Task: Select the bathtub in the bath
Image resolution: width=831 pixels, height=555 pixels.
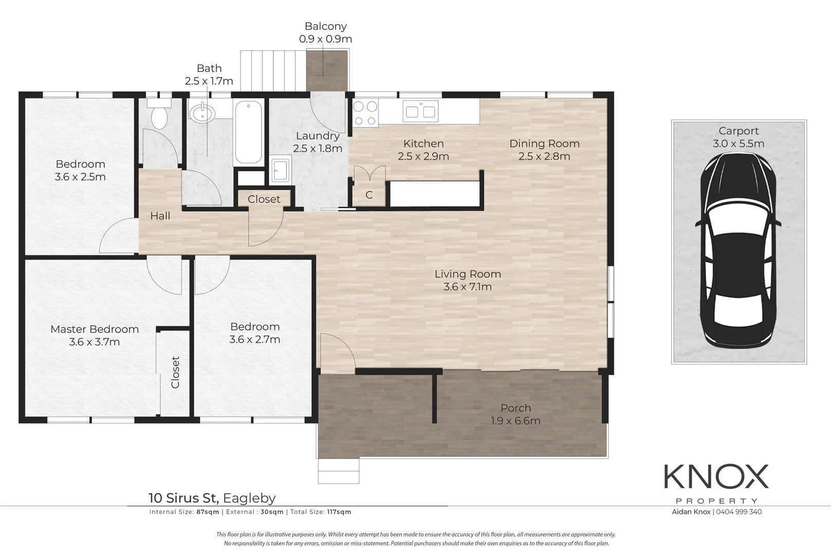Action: [x=248, y=132]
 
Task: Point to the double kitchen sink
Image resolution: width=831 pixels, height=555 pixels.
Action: [x=420, y=111]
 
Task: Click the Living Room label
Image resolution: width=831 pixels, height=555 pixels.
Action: [x=467, y=274]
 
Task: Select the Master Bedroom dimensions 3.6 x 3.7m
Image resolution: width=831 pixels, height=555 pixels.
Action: [x=95, y=342]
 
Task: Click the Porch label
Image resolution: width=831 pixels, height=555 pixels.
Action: [x=516, y=408]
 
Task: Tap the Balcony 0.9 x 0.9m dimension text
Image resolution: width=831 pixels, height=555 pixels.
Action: [x=326, y=39]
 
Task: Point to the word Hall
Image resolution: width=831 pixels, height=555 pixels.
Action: [x=160, y=216]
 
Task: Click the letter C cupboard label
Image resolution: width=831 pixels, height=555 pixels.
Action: [x=369, y=195]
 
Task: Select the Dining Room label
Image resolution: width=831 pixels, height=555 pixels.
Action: [x=544, y=144]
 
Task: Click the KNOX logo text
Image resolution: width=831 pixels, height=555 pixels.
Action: [x=716, y=477]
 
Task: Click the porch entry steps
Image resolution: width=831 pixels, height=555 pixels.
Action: [x=338, y=471]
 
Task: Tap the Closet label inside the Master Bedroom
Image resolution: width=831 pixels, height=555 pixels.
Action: [x=176, y=372]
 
